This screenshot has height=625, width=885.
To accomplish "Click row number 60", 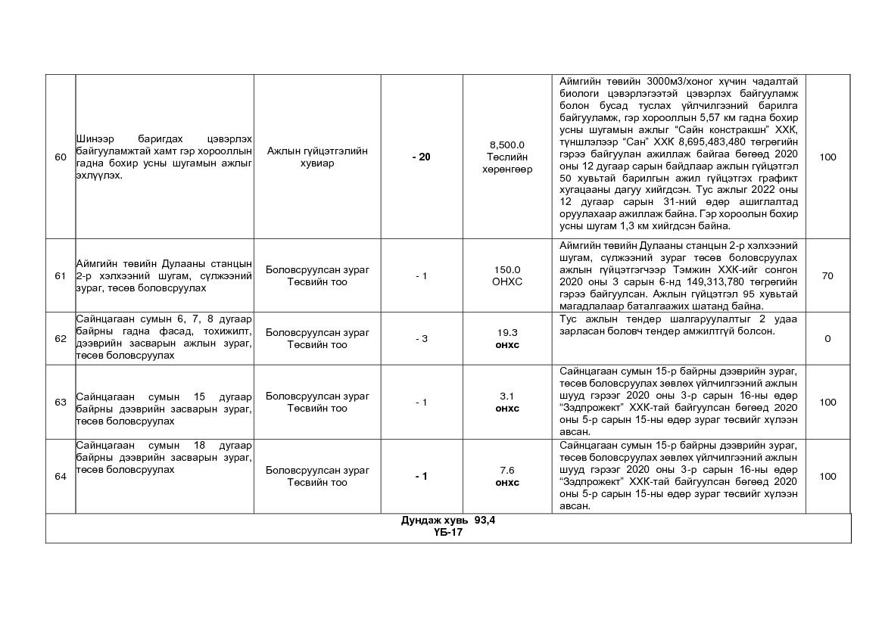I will pyautogui.click(x=61, y=157).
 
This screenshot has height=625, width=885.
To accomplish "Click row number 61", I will pyautogui.click(x=61, y=276).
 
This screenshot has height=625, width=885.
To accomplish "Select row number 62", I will pyautogui.click(x=61, y=338).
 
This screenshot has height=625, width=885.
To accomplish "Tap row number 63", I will pyautogui.click(x=61, y=402).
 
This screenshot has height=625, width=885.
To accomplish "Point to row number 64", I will pyautogui.click(x=61, y=476).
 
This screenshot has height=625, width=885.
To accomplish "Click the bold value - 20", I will pyautogui.click(x=421, y=157).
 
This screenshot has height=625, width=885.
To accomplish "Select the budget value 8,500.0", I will pyautogui.click(x=507, y=145).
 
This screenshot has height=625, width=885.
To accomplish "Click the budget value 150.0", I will pyautogui.click(x=507, y=270).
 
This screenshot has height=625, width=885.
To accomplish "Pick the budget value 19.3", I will pyautogui.click(x=507, y=332).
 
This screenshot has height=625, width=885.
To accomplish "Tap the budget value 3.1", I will pyautogui.click(x=507, y=396).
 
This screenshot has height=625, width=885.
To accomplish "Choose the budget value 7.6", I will pyautogui.click(x=507, y=470).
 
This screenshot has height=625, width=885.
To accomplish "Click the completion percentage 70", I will pyautogui.click(x=827, y=276).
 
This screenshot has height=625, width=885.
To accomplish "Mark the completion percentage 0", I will pyautogui.click(x=827, y=338).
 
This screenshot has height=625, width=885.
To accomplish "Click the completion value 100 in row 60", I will pyautogui.click(x=827, y=157).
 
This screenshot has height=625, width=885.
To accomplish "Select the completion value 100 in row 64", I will pyautogui.click(x=827, y=476).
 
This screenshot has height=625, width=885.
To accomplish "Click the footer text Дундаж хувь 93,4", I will pyautogui.click(x=448, y=521).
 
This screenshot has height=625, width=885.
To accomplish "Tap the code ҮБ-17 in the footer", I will pyautogui.click(x=448, y=533).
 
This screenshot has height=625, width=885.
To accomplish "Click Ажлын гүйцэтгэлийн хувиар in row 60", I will pyautogui.click(x=317, y=157).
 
